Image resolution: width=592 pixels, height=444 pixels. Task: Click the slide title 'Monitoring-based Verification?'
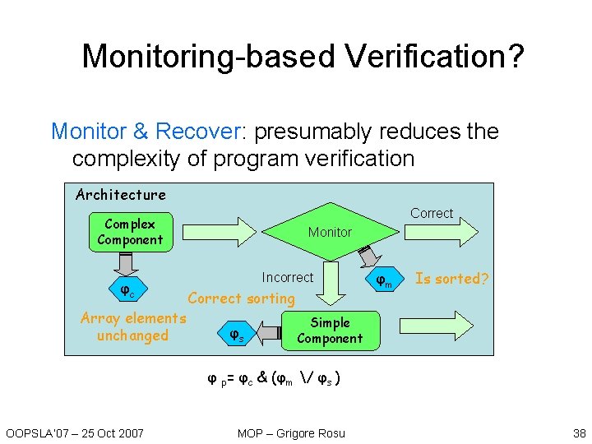pos(303,56)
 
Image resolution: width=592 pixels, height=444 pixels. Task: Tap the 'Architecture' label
pos(121,195)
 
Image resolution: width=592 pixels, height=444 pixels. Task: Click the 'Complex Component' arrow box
pos(130,232)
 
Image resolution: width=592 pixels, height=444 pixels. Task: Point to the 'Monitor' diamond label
pos(330,233)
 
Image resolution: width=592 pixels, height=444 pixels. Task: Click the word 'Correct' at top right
pos(432,214)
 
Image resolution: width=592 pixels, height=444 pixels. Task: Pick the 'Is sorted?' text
pos(452,279)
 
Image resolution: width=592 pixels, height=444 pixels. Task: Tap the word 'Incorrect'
pos(287,278)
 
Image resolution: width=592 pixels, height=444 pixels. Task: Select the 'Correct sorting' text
pos(241,298)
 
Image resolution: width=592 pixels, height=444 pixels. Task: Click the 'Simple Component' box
pos(330,331)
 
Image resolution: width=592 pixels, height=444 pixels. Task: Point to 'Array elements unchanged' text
pos(133,326)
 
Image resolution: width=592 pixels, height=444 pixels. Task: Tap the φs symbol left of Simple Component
pos(235,335)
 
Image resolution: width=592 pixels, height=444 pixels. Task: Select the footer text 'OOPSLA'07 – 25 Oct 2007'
pos(75,433)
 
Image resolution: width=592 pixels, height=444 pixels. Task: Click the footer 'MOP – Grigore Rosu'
pos(292,433)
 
